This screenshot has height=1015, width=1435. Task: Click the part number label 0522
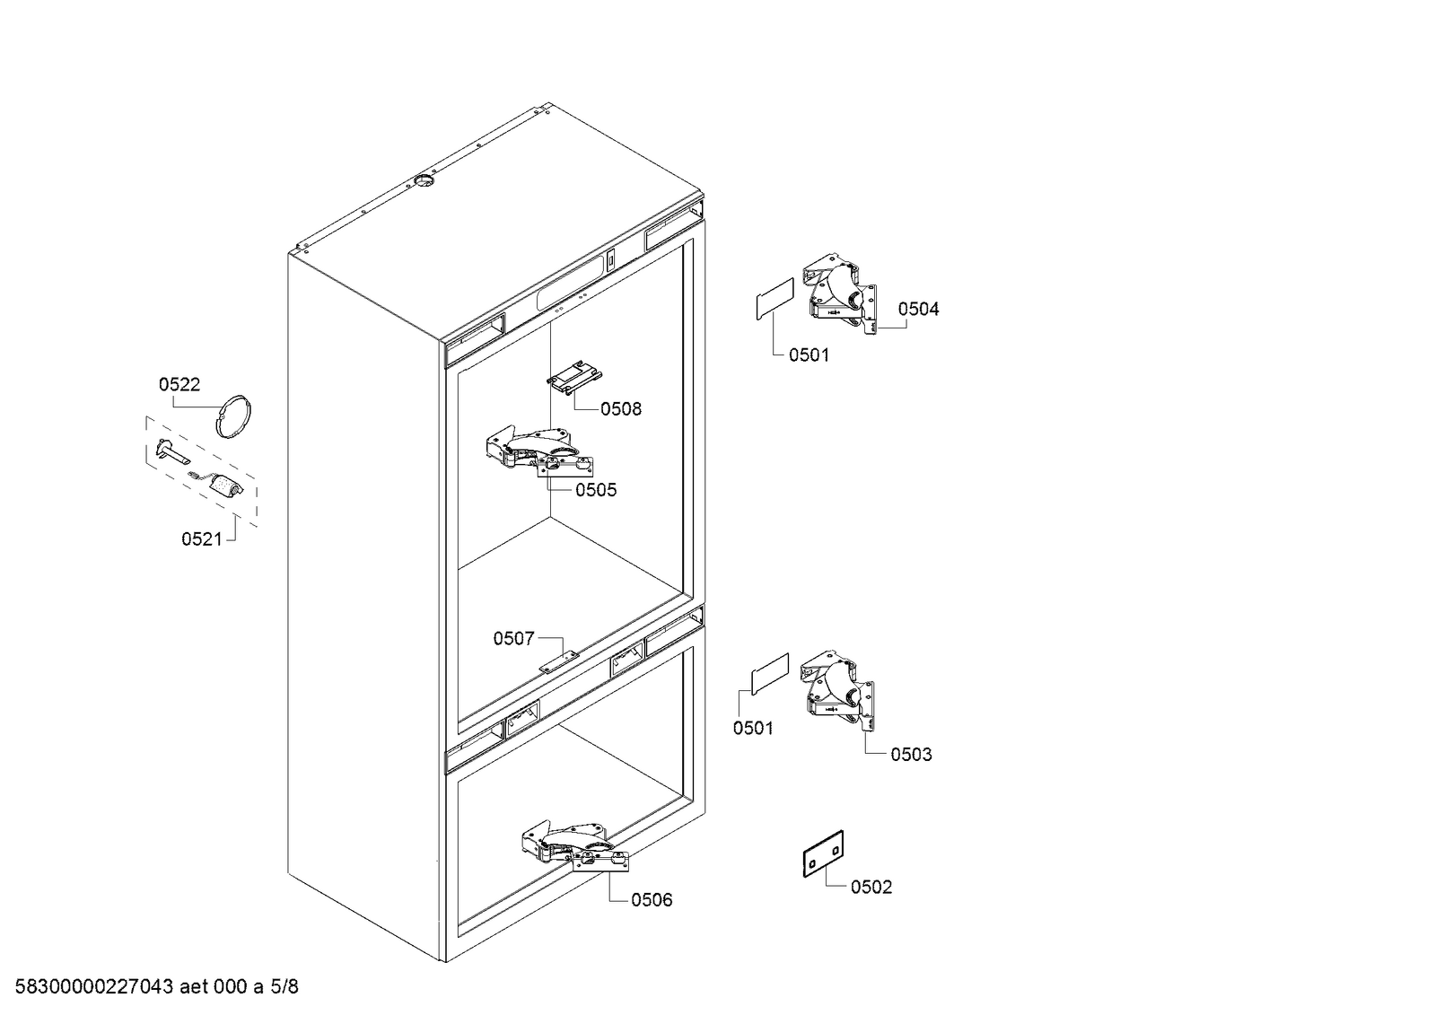(x=179, y=385)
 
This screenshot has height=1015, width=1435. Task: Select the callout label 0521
(x=201, y=539)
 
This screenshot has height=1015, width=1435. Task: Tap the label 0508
(x=621, y=409)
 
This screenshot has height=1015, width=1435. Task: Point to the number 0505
(x=596, y=490)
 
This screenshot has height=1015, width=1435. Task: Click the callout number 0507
(x=513, y=639)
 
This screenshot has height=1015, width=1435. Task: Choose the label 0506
(x=652, y=900)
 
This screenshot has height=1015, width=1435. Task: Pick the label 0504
(x=918, y=310)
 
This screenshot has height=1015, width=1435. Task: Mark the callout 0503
(x=911, y=755)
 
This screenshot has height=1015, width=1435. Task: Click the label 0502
(x=871, y=888)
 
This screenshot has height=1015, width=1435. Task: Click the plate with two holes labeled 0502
(x=823, y=853)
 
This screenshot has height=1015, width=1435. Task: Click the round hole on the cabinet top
(x=421, y=183)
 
